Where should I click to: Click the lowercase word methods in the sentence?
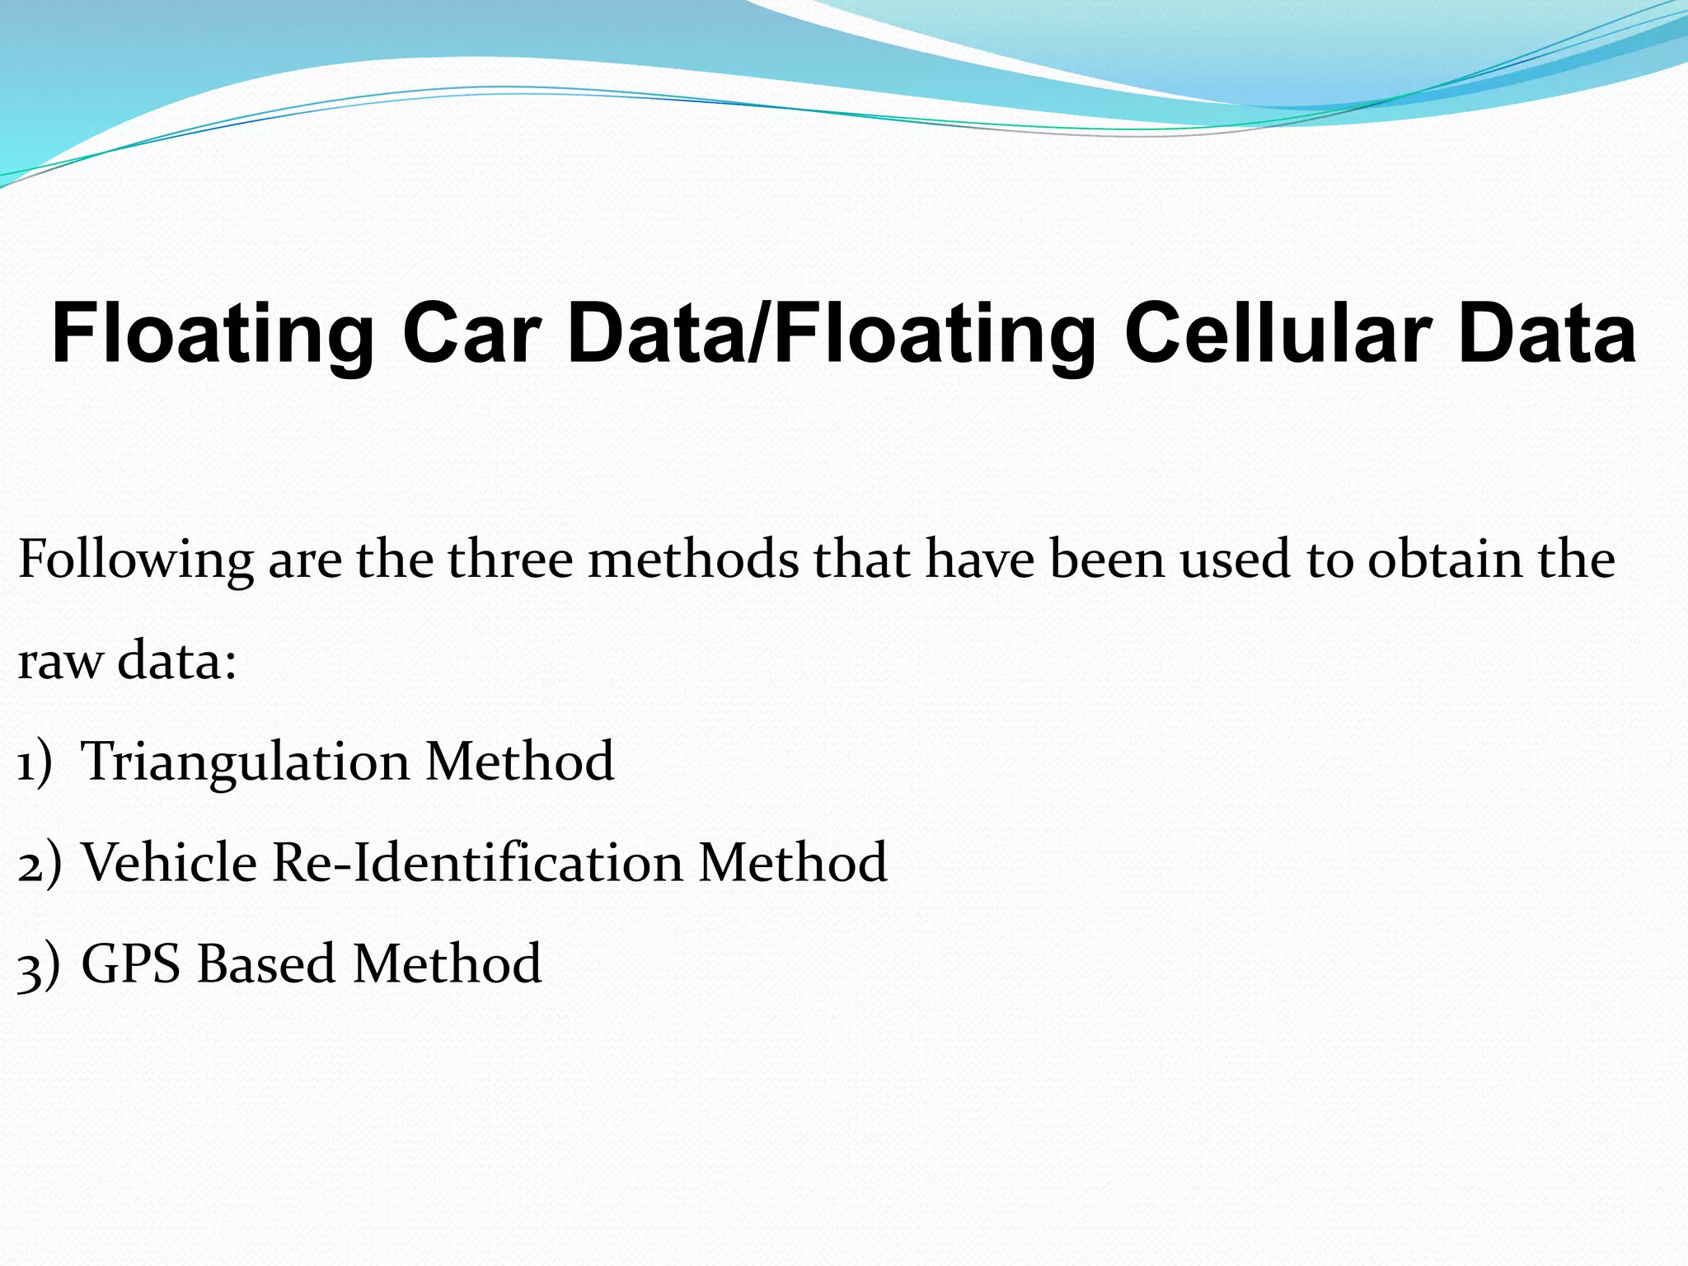click(693, 559)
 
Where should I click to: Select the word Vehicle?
click(170, 863)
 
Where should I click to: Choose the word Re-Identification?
click(477, 863)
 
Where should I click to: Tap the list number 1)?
click(35, 762)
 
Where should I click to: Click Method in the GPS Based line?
click(448, 964)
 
